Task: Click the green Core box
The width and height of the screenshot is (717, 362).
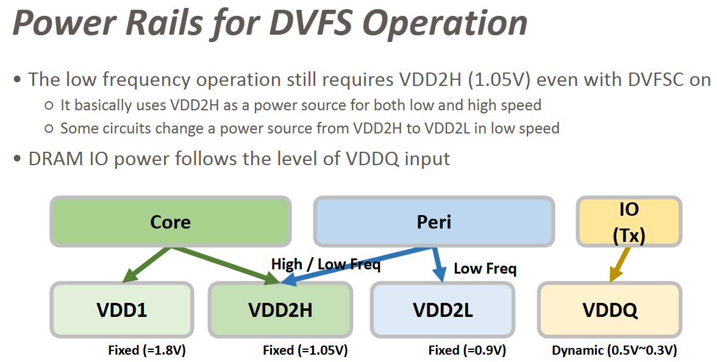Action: click(170, 222)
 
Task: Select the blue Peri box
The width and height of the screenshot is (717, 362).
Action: click(433, 222)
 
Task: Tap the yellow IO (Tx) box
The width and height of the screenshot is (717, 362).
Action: click(628, 221)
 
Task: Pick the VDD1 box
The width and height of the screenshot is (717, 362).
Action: click(121, 310)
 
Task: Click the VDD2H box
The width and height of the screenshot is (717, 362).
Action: click(280, 310)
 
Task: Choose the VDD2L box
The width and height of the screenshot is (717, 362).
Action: click(443, 310)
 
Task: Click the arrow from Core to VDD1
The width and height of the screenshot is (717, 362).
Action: click(144, 265)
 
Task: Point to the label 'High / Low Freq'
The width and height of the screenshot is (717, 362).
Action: click(326, 264)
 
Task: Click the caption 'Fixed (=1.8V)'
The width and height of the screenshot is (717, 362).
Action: click(147, 350)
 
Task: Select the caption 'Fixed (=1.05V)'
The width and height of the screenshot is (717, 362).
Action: click(305, 350)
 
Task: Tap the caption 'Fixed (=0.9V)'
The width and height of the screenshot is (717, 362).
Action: click(467, 350)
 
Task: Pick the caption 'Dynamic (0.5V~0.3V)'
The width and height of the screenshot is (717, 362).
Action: click(615, 350)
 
